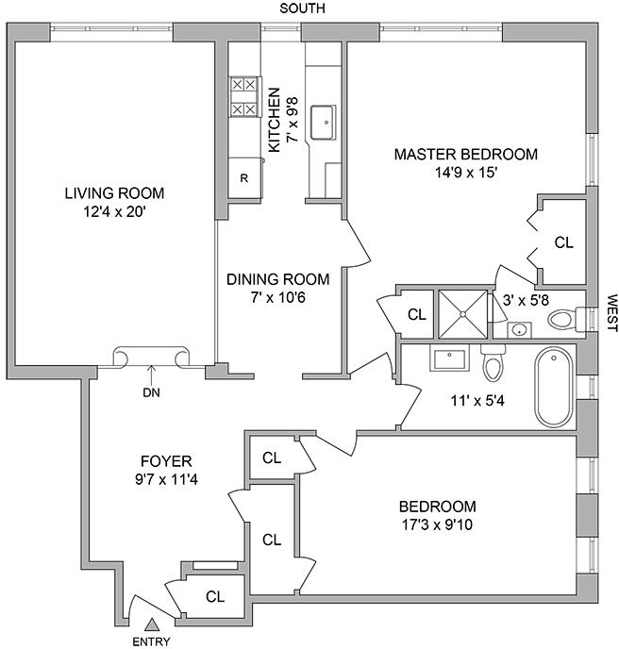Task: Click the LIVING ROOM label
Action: click(113, 193)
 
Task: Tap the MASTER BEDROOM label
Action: click(465, 154)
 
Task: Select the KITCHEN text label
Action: click(275, 121)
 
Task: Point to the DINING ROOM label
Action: click(277, 279)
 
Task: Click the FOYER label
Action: click(165, 461)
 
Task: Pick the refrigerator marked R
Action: click(243, 177)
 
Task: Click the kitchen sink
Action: click(324, 122)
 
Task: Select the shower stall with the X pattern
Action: click(462, 311)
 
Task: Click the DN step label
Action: click(150, 393)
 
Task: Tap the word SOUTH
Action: click(302, 8)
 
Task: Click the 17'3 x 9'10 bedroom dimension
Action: click(436, 524)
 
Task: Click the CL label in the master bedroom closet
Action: click(563, 242)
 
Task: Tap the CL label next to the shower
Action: click(416, 314)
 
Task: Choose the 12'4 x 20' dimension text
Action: click(113, 212)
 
